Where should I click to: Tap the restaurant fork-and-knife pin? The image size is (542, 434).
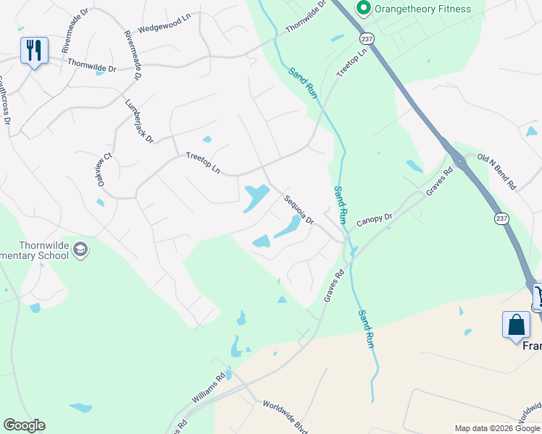click(x=34, y=50)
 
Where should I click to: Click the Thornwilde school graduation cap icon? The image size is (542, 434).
click(x=80, y=250)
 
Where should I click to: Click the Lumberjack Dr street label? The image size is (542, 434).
click(x=139, y=120)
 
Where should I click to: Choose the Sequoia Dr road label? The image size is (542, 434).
click(x=299, y=210)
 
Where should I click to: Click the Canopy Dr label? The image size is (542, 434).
click(x=374, y=217)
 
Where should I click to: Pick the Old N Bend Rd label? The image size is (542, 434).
click(x=496, y=171)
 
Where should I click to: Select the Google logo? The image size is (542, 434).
click(x=24, y=425)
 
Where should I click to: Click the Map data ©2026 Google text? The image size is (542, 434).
click(x=498, y=428)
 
